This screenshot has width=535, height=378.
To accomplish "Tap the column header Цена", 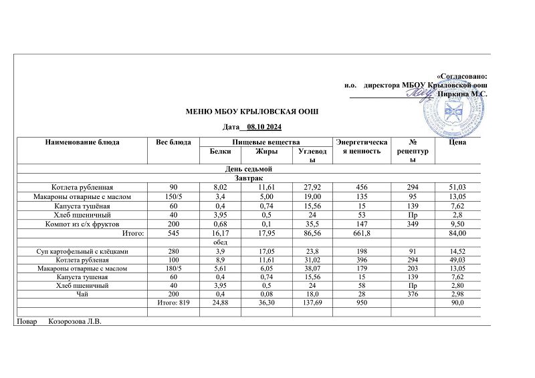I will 458,142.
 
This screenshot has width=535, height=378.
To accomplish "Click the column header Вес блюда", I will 173,142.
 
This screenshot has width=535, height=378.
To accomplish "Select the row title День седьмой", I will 252,170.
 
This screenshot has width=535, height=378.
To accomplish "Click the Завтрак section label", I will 252,178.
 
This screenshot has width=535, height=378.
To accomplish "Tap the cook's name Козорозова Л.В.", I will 79,323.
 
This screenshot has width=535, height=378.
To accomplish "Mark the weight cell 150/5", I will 173,197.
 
